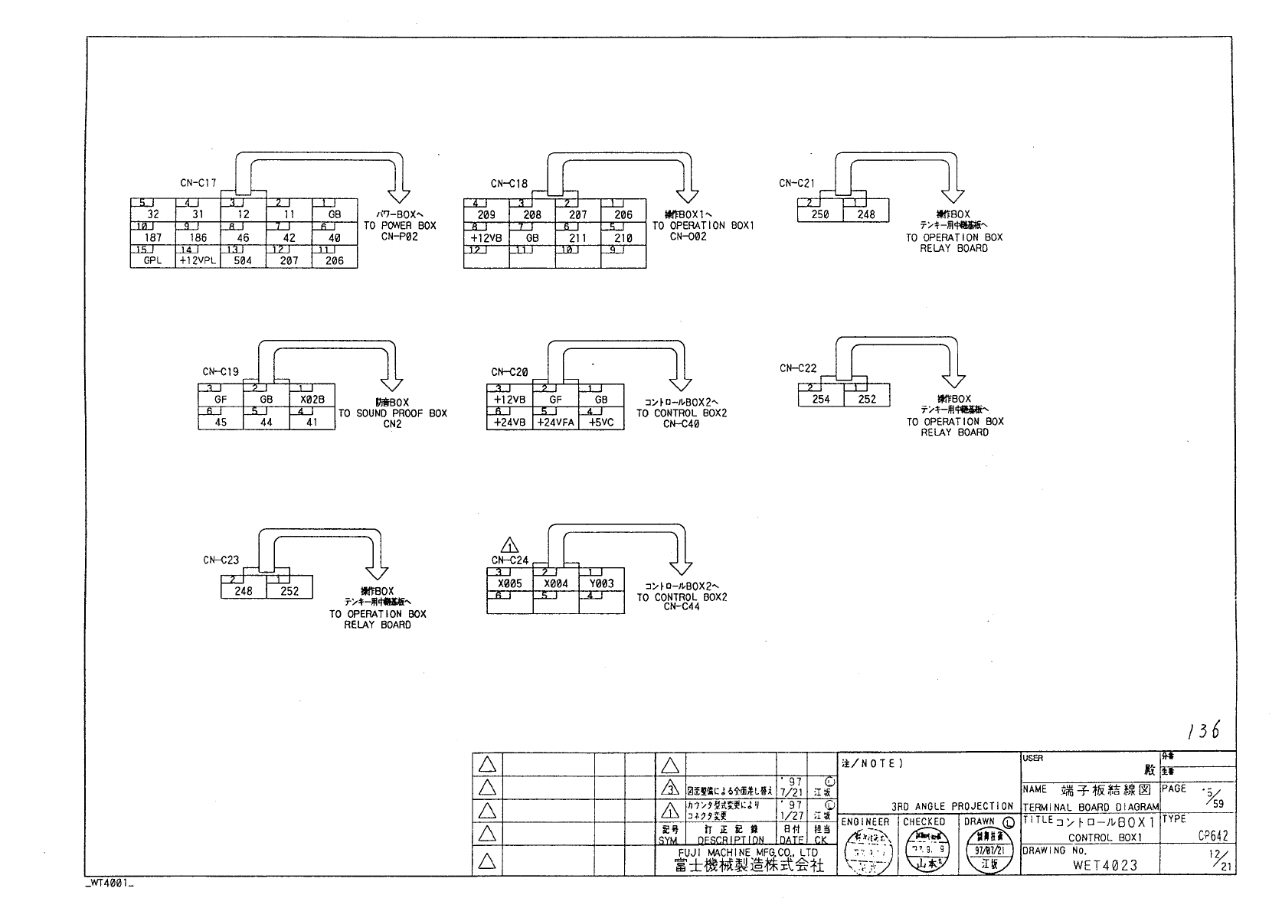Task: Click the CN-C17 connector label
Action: point(198,183)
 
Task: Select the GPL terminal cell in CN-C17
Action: point(152,260)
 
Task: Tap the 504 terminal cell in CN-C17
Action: point(243,260)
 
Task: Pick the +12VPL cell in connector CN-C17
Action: point(198,260)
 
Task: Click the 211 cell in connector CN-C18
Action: point(577,238)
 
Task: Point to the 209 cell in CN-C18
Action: point(486,215)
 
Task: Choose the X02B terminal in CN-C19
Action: point(312,399)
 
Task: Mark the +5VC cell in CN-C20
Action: point(601,422)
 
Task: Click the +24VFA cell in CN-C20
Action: point(555,422)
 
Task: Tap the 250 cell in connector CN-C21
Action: point(819,214)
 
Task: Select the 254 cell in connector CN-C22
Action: point(820,399)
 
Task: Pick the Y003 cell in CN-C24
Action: point(601,583)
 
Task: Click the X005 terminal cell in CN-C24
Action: point(509,583)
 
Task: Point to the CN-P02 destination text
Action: point(399,237)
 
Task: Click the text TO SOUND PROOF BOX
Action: point(392,413)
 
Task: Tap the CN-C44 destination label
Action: point(682,608)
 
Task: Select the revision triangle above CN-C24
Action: point(509,546)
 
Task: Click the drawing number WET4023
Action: point(1105,866)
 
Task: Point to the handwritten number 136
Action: point(1203,731)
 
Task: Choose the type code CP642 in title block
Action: point(1213,837)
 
